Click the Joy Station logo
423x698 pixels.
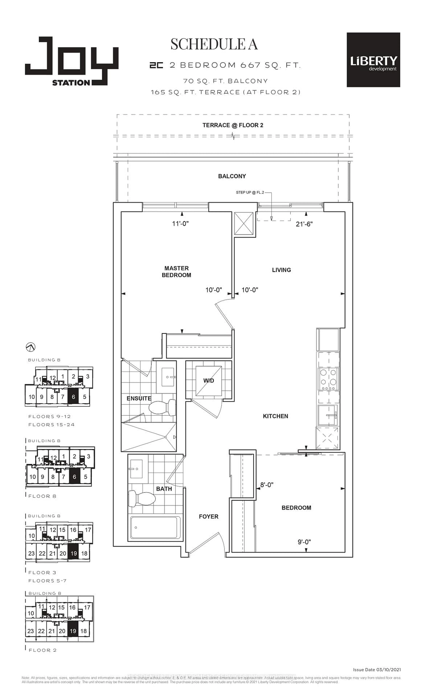tap(71, 61)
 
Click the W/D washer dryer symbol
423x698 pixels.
tap(208, 380)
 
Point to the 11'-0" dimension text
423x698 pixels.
tap(180, 224)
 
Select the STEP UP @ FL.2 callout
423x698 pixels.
tap(250, 192)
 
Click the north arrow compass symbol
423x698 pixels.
tap(31, 347)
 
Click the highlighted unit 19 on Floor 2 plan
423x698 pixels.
tap(73, 631)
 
